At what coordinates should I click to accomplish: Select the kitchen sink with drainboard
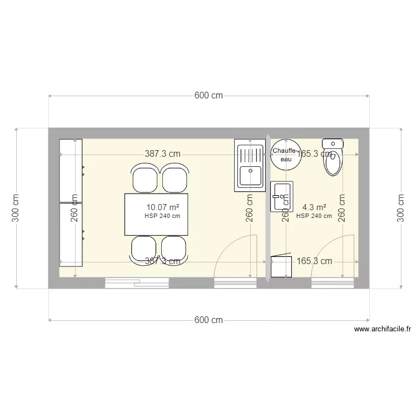click(249, 166)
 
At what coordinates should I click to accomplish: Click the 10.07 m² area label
click(162, 207)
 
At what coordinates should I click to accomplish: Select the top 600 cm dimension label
click(209, 95)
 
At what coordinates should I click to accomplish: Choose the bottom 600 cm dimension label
click(209, 320)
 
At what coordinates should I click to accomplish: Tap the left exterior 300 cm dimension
click(16, 208)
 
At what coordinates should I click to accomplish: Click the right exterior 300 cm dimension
click(401, 208)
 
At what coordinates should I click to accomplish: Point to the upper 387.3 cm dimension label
click(163, 154)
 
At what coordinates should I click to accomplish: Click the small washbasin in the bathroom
click(281, 197)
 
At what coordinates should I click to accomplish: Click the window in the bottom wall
click(137, 282)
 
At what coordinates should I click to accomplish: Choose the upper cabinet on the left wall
click(71, 171)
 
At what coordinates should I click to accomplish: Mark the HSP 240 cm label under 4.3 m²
click(314, 216)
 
